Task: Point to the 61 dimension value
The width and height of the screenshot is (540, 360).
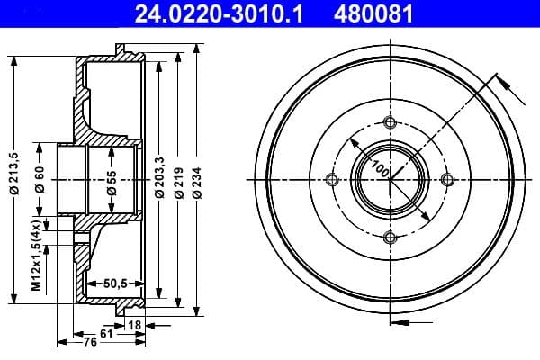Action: (x=106, y=333)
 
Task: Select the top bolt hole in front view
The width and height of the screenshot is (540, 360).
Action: (x=390, y=122)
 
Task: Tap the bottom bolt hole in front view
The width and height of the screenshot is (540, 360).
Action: (x=390, y=238)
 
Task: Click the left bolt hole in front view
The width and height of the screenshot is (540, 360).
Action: (x=332, y=180)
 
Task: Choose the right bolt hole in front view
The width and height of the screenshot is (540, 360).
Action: (x=447, y=180)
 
